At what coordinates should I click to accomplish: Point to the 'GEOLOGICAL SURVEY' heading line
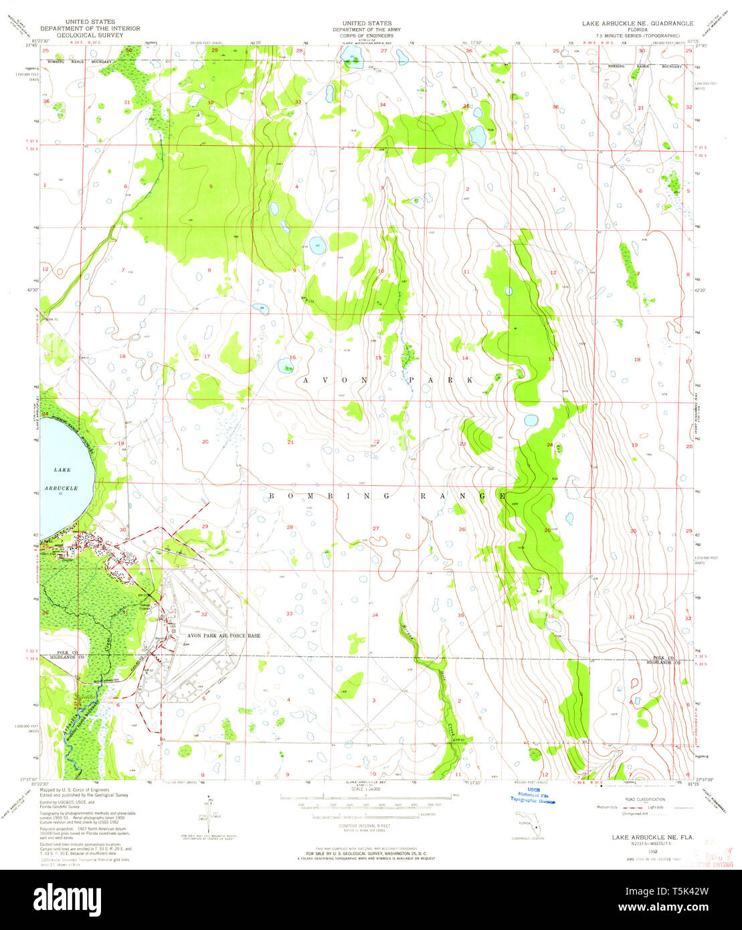point(90,35)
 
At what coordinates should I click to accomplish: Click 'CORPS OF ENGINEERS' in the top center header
point(366,35)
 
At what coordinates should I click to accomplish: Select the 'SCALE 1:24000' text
point(365,790)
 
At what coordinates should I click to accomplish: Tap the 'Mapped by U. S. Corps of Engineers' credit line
point(70,789)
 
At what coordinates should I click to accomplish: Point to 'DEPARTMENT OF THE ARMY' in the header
point(366,29)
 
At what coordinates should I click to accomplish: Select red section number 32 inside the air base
point(205,614)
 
